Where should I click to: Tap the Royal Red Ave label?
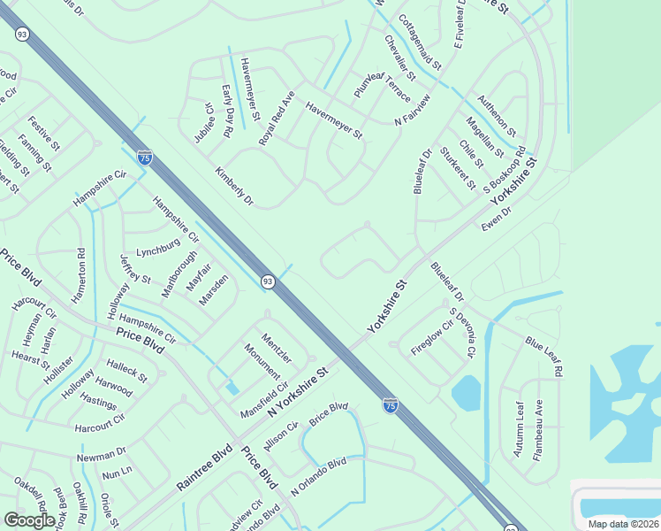click(276, 118)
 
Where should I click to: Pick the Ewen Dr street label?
click(497, 222)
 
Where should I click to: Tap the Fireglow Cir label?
click(431, 336)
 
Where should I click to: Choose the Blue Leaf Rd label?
click(543, 356)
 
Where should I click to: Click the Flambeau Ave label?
click(537, 428)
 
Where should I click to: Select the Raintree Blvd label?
click(203, 468)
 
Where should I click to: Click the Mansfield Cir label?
click(264, 399)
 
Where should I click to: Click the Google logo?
click(29, 520)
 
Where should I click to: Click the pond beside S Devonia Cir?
click(466, 393)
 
